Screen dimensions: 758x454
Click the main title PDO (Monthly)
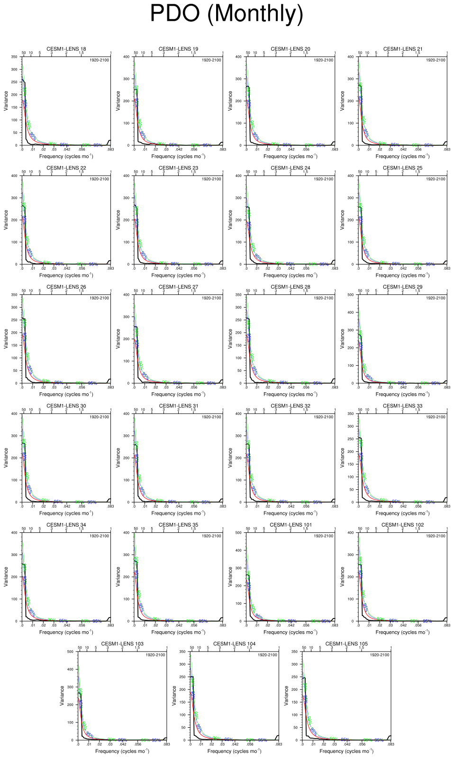[227, 13]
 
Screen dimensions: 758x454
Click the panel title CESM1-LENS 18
[66, 49]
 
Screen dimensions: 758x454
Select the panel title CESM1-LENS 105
[346, 643]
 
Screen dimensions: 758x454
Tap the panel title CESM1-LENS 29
[402, 287]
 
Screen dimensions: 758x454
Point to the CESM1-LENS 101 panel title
[291, 525]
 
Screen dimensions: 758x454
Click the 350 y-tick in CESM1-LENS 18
[14, 57]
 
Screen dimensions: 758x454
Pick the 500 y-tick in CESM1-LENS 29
[350, 295]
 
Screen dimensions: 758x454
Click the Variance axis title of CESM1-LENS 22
[6, 220]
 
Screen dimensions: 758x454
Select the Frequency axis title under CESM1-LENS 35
[178, 632]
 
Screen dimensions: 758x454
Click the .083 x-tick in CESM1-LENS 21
[447, 150]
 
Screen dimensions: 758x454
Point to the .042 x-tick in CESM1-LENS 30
[67, 506]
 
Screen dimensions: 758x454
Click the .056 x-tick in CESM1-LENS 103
[138, 744]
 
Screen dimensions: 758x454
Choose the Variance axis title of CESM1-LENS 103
[62, 696]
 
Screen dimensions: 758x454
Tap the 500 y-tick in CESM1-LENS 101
[238, 533]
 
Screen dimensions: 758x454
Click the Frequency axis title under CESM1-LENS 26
[66, 394]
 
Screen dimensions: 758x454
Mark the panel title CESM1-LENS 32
[291, 405]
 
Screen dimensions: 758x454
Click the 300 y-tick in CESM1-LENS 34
[14, 555]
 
